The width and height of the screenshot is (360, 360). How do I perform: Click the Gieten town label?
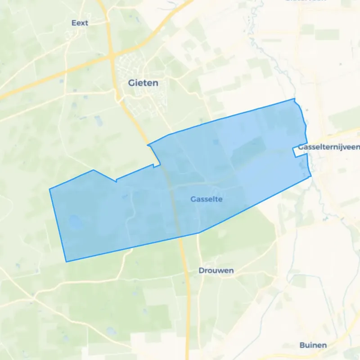point(143,83)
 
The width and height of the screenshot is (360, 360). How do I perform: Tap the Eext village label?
point(80,22)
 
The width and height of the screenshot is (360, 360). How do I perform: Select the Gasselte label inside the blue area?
point(206,198)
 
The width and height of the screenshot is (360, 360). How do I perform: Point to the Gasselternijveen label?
point(328,148)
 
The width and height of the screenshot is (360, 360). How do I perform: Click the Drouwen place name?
point(216,271)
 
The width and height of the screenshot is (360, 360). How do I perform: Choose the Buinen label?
point(313,345)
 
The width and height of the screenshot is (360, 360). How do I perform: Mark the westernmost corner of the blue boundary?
point(49,189)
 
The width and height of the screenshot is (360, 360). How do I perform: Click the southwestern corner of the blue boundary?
point(67,261)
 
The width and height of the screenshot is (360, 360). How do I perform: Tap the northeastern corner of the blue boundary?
point(295,99)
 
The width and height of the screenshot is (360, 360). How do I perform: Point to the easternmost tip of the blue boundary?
point(311,176)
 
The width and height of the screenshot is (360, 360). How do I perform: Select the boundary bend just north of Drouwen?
point(199,233)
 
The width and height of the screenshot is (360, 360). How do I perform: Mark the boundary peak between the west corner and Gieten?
point(94,170)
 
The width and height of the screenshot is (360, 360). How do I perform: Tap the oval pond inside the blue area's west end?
point(73,221)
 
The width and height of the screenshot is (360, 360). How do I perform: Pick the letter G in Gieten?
point(131,83)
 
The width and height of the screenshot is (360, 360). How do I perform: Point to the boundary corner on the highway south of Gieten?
point(148,145)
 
